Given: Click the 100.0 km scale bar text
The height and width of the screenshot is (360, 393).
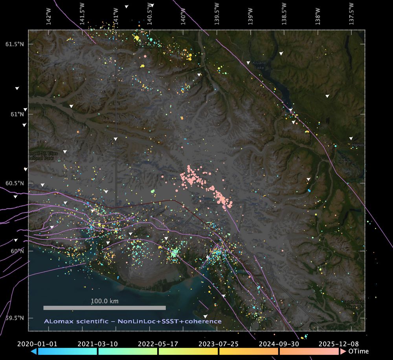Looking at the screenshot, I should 105,301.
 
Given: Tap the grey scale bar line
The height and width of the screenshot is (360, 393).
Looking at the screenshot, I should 105,308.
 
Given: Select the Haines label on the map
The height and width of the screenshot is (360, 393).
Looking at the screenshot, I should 358,145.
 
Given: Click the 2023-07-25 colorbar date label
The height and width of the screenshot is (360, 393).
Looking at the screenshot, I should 219,343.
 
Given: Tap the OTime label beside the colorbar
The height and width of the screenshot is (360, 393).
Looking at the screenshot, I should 359,351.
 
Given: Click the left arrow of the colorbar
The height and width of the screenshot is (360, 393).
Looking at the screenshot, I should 34,351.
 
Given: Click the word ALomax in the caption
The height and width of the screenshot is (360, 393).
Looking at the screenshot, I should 58,321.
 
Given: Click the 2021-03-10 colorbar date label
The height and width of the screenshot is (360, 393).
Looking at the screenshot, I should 97,343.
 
